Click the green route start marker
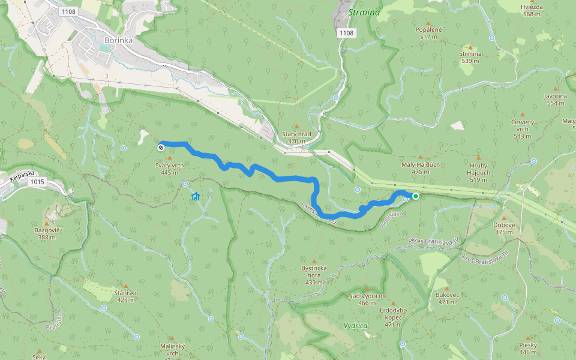click(415, 196)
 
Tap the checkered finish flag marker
click(161, 147)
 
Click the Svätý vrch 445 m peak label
click(169, 169)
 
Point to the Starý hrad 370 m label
click(296, 137)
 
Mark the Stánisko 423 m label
click(127, 296)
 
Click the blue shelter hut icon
click(195, 196)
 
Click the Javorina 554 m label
click(556, 99)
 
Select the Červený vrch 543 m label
click(522, 129)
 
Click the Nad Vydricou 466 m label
click(367, 299)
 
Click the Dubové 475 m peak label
click(504, 228)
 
